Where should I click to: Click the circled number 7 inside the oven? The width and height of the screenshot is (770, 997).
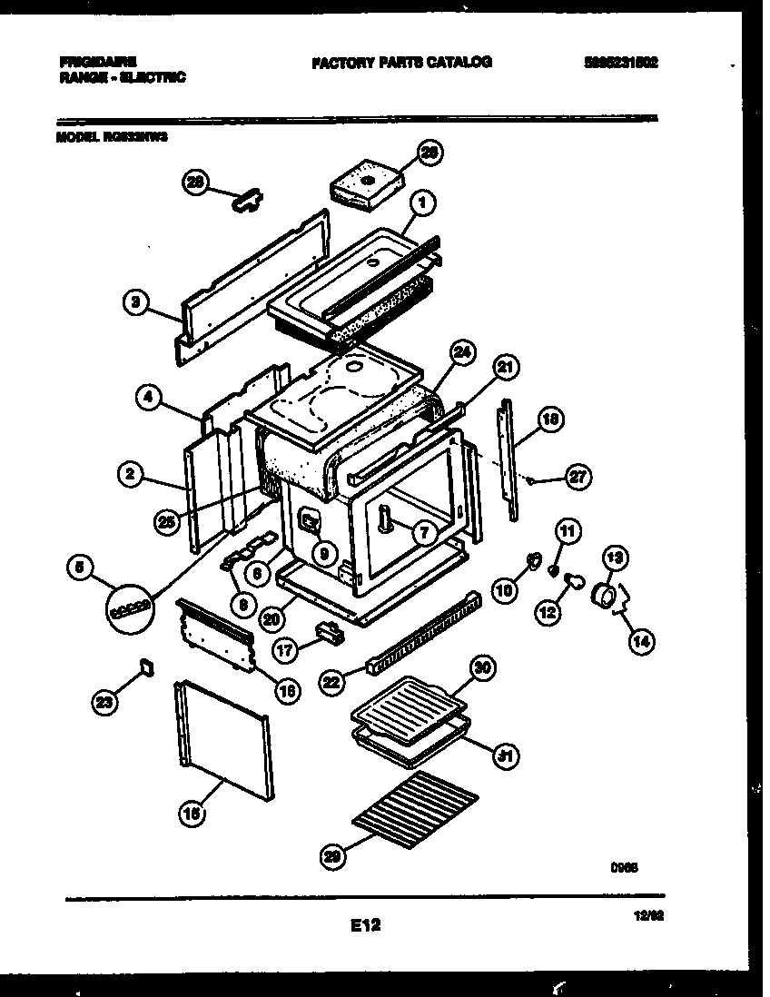(x=423, y=533)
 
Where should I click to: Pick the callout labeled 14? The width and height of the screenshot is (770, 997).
(x=641, y=640)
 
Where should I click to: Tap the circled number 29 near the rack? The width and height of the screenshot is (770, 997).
(x=333, y=854)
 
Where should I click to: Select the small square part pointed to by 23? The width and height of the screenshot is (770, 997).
(x=145, y=668)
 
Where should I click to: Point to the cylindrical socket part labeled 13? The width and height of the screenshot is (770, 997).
(x=602, y=596)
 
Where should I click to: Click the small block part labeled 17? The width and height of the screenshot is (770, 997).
(x=329, y=631)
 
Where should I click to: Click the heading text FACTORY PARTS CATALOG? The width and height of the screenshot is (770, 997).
(x=401, y=63)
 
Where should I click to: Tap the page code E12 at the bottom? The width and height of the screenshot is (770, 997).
(x=364, y=925)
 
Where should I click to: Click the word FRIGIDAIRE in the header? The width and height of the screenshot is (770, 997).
(x=99, y=62)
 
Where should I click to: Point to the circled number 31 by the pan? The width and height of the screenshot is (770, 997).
(x=497, y=755)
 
